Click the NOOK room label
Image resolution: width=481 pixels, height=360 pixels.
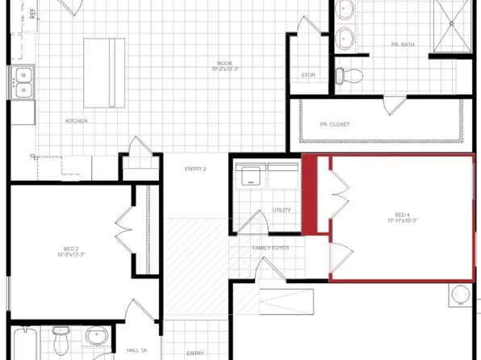(x=224, y=63)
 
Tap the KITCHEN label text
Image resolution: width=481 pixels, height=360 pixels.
(x=77, y=122)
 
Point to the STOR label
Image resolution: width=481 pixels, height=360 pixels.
(x=308, y=75)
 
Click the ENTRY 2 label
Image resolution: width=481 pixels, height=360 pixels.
(x=194, y=169)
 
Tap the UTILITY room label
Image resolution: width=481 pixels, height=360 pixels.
(x=282, y=210)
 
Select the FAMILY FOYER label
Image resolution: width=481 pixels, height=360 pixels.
(x=270, y=249)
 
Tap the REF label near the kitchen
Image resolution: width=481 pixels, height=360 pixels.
(x=32, y=12)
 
